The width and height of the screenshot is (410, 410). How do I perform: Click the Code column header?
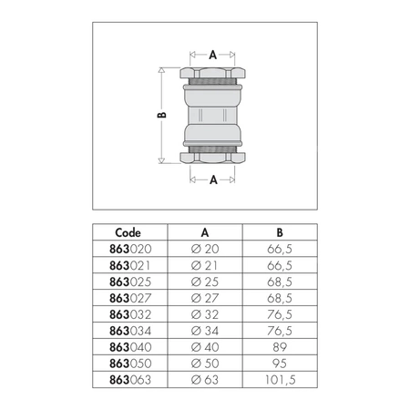pyautogui.click(x=128, y=232)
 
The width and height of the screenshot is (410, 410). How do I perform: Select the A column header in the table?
pyautogui.click(x=205, y=232)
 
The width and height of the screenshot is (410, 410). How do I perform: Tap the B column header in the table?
pyautogui.click(x=280, y=232)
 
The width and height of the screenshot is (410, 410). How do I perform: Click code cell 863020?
pyautogui.click(x=130, y=249)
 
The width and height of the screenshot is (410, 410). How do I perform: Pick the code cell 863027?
pyautogui.click(x=130, y=298)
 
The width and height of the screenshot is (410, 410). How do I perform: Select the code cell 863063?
pyautogui.click(x=130, y=380)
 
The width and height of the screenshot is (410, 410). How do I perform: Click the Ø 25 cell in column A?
pyautogui.click(x=205, y=282)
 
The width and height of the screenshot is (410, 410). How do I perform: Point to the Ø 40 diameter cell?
pyautogui.click(x=205, y=347)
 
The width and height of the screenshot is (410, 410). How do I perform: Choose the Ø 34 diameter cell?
pyautogui.click(x=205, y=331)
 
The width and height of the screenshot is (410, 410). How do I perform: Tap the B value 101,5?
pyautogui.click(x=280, y=380)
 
